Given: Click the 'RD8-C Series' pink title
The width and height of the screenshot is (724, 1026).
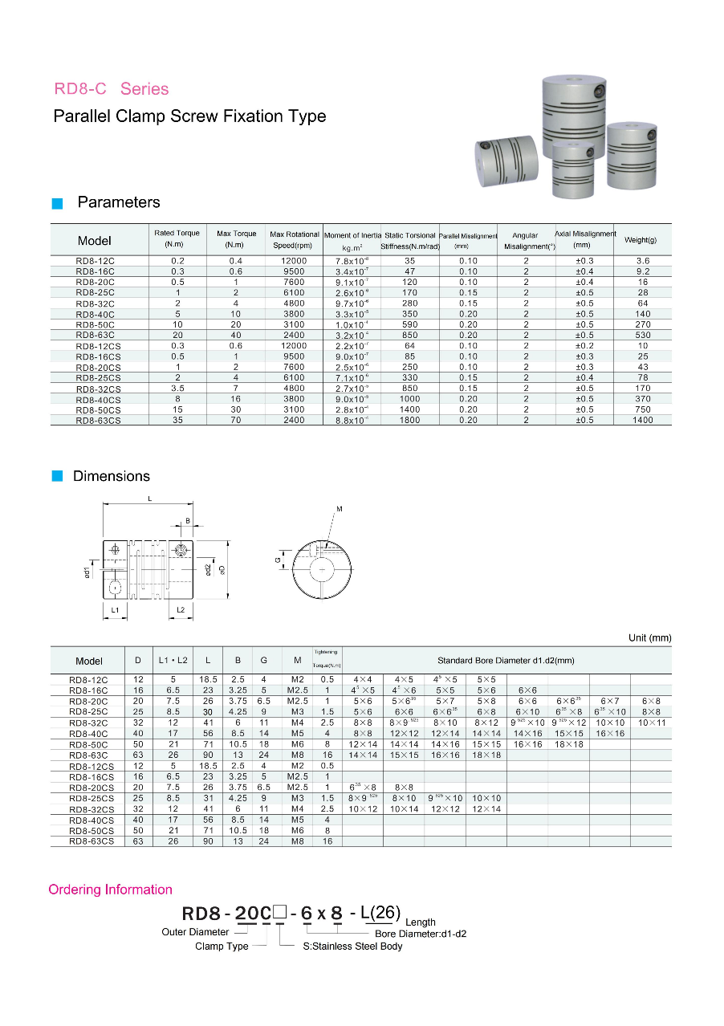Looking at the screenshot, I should coord(112,89).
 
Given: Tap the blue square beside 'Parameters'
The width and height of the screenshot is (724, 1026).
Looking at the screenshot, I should coord(57,204).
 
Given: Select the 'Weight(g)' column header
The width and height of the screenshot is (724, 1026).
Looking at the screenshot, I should coord(641,240).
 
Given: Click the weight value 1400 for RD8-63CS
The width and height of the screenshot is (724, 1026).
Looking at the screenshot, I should coord(643,420).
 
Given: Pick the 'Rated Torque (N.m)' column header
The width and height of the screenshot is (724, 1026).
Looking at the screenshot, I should coord(177,238).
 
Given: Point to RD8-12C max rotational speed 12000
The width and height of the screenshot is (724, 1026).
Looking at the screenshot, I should coord(294,261).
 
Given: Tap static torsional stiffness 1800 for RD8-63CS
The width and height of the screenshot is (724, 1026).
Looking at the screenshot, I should coord(410,420).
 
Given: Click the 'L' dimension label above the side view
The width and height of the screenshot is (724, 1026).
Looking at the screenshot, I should coord(149,499).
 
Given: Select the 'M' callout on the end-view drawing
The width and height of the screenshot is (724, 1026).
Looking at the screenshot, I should coord(340,509).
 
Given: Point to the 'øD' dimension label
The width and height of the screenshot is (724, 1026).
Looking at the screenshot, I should coord(222,569).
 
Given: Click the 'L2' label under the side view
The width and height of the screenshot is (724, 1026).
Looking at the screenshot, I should coord(181,611).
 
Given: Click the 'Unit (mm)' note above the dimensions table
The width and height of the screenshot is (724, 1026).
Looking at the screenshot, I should coord(649,638).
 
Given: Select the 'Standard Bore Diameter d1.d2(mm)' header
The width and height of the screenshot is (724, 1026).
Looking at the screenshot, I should coord(506,661).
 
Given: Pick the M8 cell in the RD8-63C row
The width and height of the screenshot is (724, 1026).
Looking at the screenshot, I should coord(297,755).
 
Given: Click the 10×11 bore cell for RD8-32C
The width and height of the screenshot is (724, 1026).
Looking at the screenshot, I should coord(651,723).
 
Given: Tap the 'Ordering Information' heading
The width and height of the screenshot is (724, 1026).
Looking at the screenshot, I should coord(111,890).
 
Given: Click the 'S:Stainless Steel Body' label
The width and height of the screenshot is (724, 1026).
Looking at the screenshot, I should coord(352,947).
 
